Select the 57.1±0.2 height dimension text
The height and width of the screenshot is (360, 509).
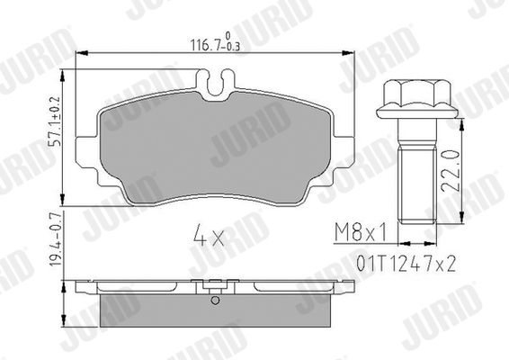[x=56, y=121]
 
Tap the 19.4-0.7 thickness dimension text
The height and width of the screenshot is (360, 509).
[x=56, y=238]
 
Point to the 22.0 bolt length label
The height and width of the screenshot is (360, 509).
[x=451, y=171]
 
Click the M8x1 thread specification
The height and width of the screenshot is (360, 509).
[x=361, y=232]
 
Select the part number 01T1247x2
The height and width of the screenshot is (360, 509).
[x=406, y=264]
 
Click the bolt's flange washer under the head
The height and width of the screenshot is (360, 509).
[x=417, y=112]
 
